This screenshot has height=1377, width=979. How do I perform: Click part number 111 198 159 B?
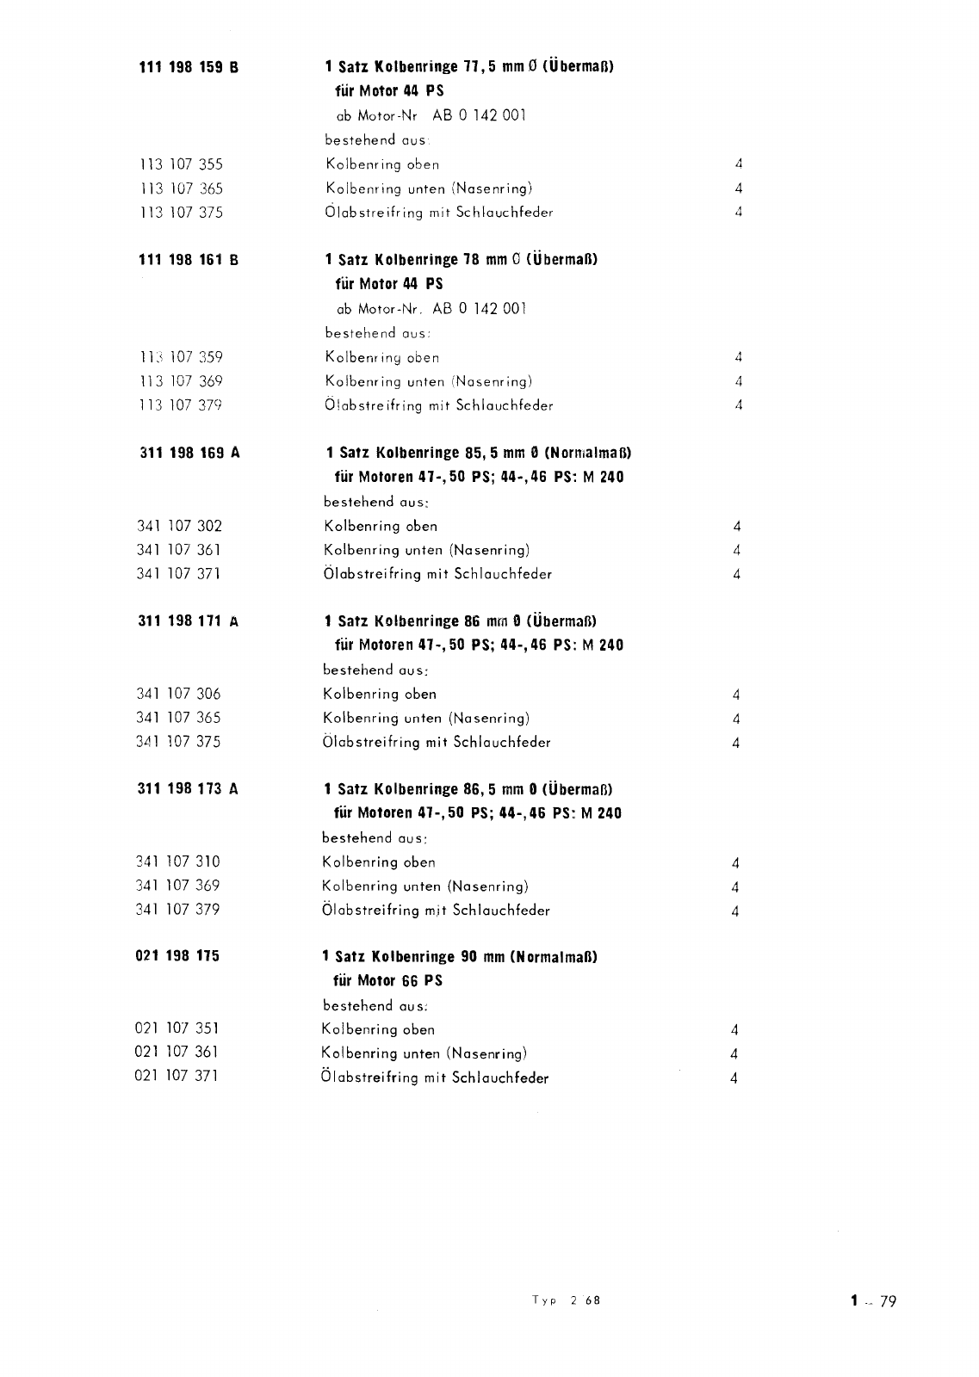coord(189,67)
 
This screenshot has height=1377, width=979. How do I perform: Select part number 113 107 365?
coord(181,188)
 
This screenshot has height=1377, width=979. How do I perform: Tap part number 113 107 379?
coord(181,405)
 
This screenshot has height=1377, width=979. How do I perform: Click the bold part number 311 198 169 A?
coord(189,453)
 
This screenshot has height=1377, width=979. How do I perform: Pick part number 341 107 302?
coord(179,526)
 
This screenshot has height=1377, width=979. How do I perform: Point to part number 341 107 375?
coord(178,742)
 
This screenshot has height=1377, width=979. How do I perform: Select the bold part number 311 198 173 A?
coord(188,789)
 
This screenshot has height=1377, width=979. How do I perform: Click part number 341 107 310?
coord(178,862)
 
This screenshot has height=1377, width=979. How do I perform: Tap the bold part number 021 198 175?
coord(177,956)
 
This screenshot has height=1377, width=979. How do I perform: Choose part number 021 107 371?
coord(177,1076)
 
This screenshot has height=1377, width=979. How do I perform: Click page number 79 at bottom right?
coord(888,1301)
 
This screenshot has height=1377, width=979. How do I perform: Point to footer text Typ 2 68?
coord(566,1300)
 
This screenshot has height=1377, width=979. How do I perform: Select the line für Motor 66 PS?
coord(387,980)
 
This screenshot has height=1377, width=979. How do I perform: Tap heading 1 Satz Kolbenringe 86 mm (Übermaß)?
coord(461,621)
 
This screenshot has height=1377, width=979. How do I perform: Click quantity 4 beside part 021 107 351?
coord(734,1030)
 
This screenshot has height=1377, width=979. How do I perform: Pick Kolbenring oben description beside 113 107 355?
coord(382,164)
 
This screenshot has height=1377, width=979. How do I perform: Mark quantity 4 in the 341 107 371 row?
coord(737,575)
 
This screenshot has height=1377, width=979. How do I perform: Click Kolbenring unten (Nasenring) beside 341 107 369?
coord(424,886)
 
